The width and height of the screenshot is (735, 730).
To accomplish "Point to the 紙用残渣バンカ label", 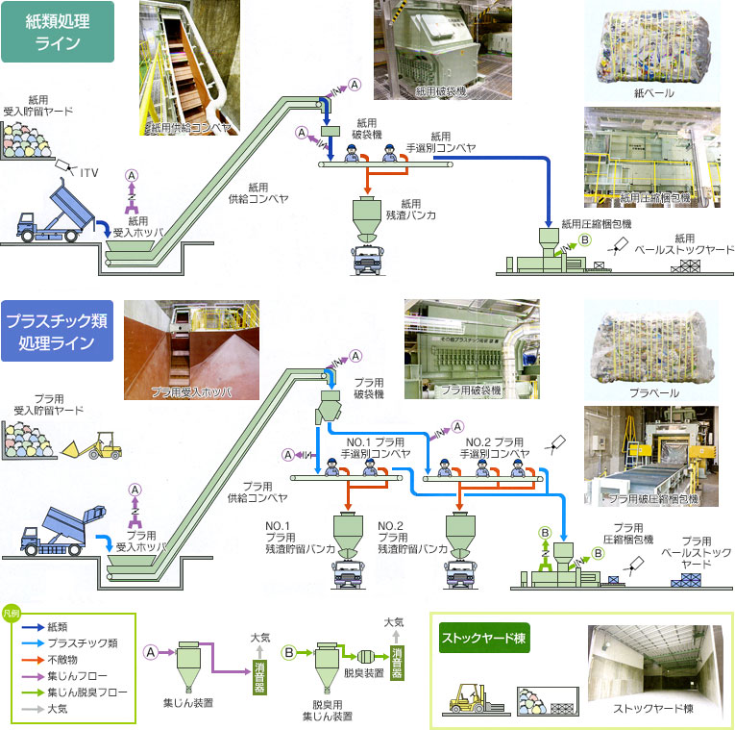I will [x=411, y=210].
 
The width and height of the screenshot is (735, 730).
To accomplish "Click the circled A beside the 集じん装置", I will [x=151, y=651].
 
